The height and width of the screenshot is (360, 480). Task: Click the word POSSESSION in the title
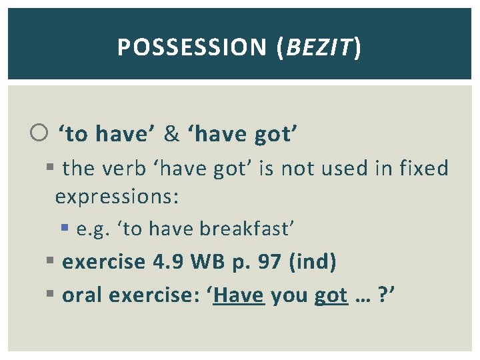(191, 47)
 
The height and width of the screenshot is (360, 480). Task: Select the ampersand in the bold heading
(171, 135)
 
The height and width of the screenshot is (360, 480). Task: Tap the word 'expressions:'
(117, 197)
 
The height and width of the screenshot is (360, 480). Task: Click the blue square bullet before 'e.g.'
(65, 229)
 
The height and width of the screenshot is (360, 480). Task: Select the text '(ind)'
(312, 262)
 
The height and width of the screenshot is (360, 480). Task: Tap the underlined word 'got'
(331, 295)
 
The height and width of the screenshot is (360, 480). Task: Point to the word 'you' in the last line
(289, 295)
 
